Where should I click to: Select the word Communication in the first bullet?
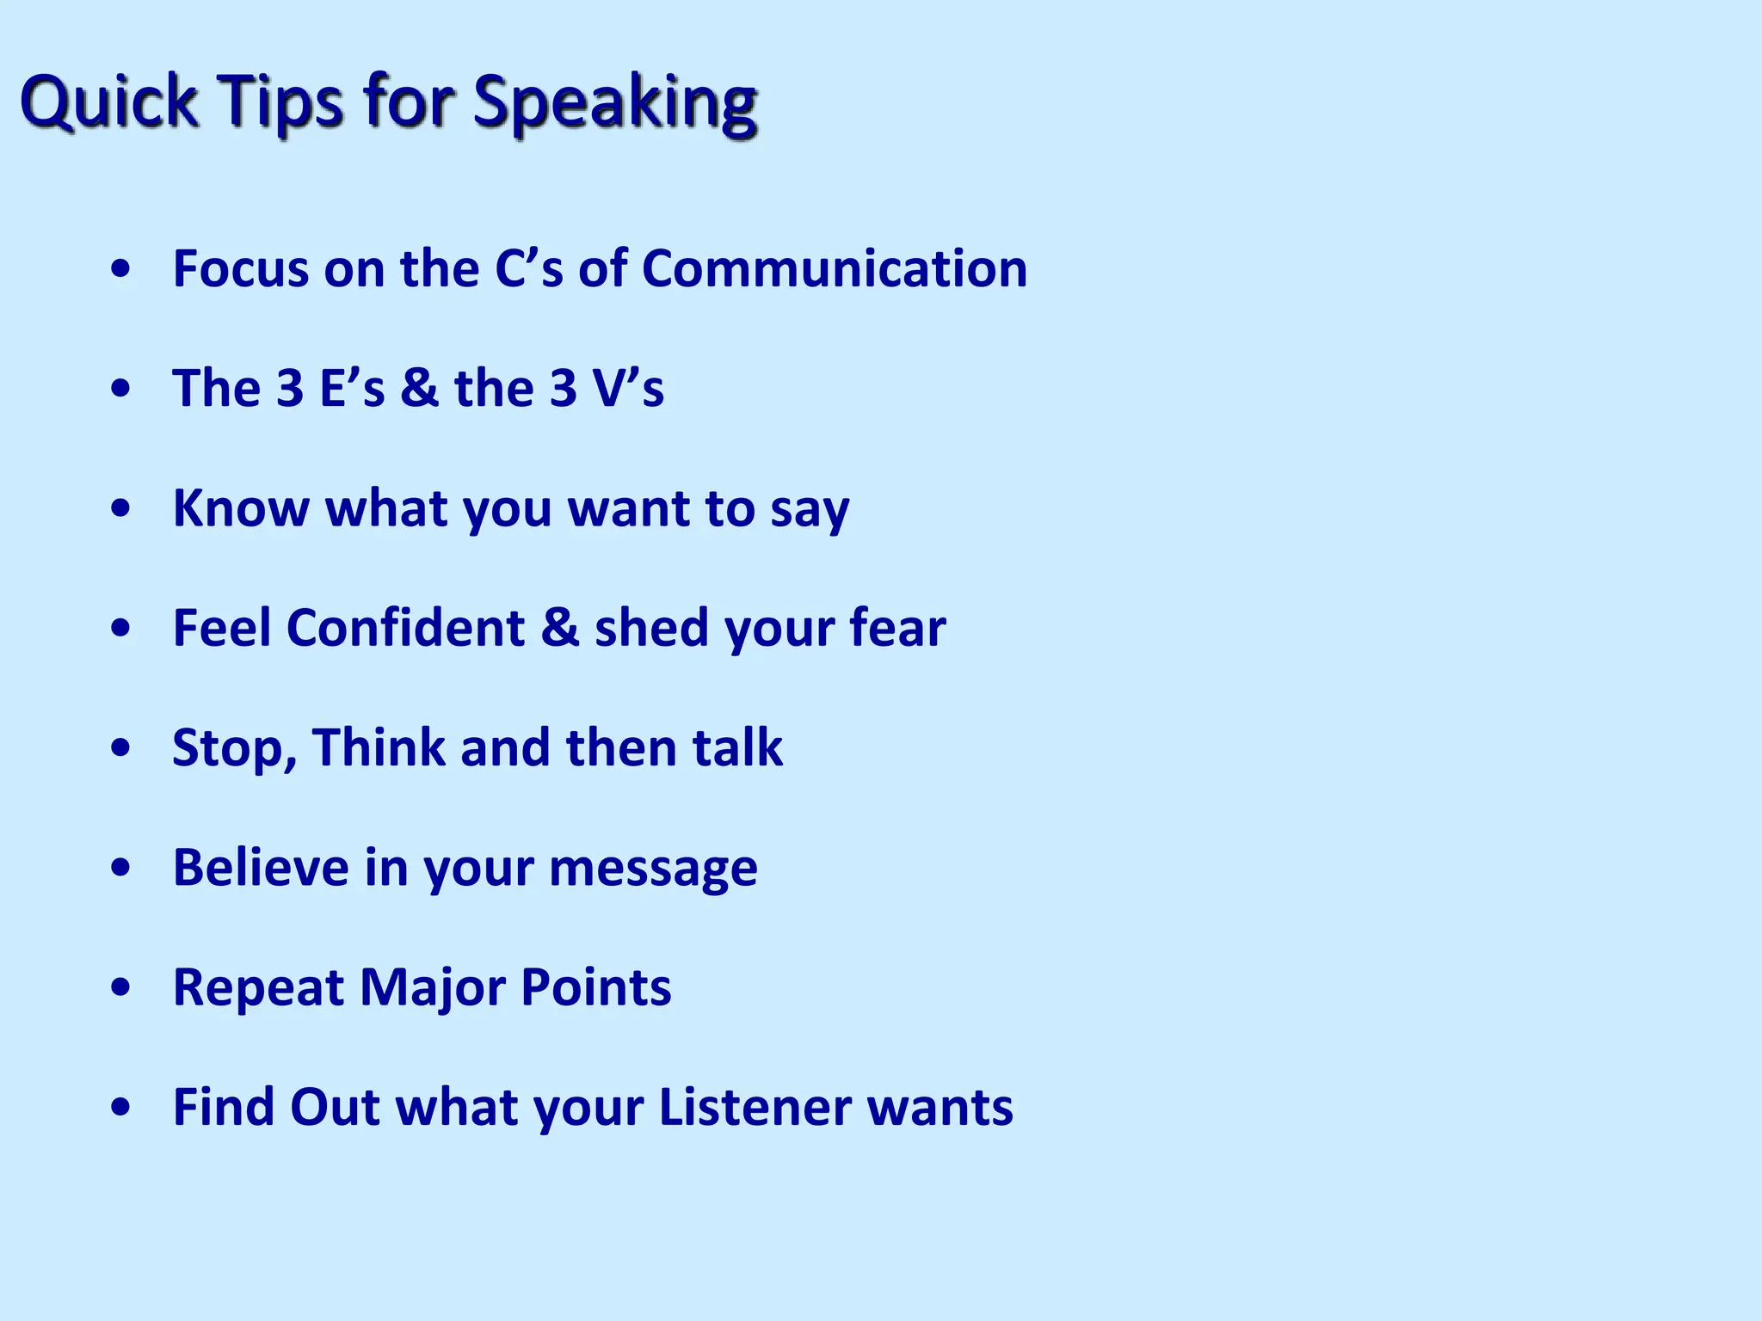(x=835, y=268)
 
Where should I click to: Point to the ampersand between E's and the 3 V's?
(x=419, y=388)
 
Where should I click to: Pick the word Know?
(x=240, y=508)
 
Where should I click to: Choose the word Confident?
(x=405, y=628)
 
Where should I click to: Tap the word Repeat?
(x=258, y=988)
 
